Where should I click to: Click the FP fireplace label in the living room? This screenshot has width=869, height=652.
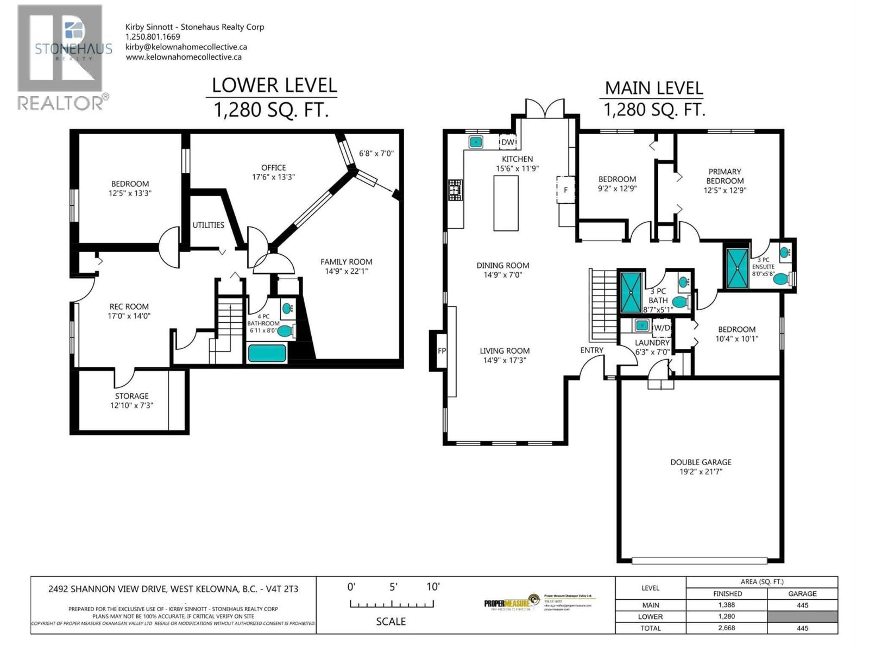pos(442,351)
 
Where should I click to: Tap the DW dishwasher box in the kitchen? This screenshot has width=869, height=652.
pos(508,142)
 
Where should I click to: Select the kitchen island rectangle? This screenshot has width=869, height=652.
pos(506,203)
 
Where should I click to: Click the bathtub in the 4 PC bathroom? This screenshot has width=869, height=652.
pos(267,354)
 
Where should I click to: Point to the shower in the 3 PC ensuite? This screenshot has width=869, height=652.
pos(738,267)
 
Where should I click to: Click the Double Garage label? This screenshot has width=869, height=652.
pos(701,462)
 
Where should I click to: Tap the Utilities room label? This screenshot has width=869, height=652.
pos(208,225)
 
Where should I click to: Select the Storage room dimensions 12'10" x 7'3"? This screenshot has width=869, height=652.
pos(131,405)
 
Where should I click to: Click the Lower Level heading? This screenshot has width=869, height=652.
pos(274,85)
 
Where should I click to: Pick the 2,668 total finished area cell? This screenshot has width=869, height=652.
pos(727,628)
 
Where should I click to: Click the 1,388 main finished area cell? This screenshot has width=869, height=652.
pos(727,605)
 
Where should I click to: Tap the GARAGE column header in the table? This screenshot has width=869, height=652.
pos(802,594)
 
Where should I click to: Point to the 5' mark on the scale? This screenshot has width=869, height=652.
pos(393,587)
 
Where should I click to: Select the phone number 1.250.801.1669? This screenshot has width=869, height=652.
pos(153,37)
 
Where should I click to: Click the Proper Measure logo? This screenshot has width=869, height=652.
pos(511,603)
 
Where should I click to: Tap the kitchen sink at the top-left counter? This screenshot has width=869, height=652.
pos(476,142)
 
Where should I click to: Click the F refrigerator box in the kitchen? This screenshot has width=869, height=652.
pos(565,190)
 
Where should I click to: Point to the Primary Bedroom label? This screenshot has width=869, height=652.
pos(725,176)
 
